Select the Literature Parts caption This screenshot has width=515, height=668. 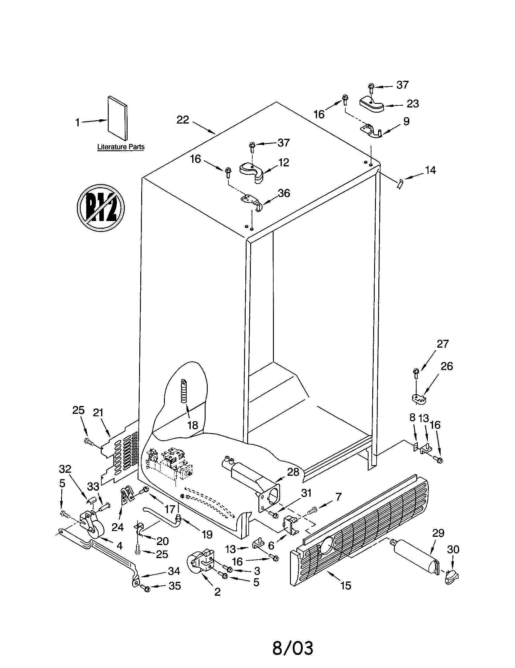121,147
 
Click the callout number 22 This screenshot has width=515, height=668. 182,120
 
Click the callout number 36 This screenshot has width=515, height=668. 284,193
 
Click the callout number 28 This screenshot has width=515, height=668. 293,472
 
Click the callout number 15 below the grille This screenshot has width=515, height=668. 346,585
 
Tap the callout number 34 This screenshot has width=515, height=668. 174,571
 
